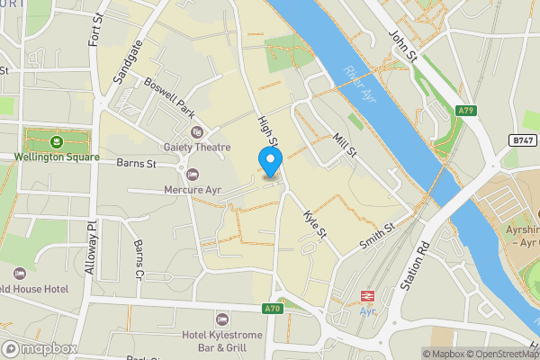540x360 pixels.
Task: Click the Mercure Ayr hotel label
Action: (193, 189)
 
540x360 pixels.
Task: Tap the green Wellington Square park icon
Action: (57, 140)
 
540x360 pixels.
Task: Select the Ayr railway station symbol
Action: (367, 295)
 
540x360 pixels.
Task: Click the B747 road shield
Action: (521, 140)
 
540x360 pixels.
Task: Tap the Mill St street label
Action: (344, 144)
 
